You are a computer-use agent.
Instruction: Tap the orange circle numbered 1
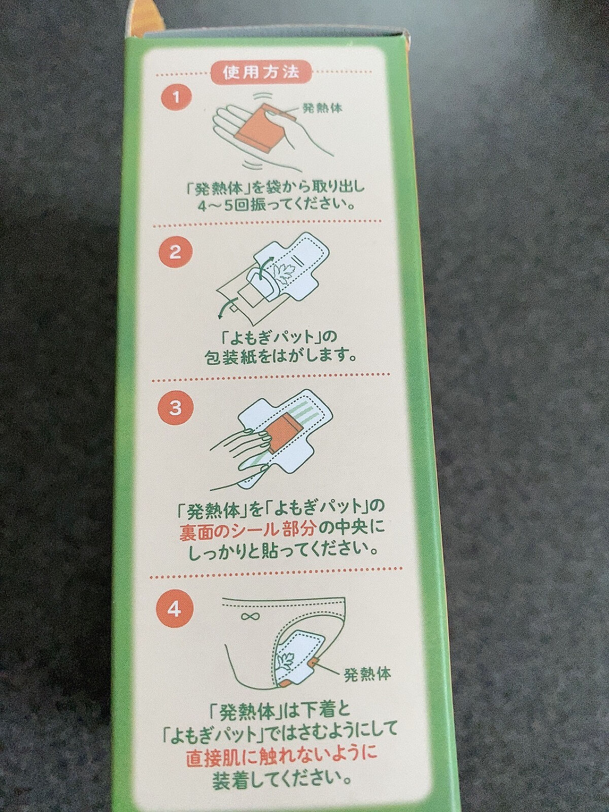pos(176,97)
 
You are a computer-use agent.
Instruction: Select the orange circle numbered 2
pos(175,252)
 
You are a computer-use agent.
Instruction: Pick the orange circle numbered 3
pos(175,408)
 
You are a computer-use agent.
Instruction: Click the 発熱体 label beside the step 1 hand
pos(322,108)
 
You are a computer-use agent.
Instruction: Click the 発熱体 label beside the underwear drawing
pos(367,674)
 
